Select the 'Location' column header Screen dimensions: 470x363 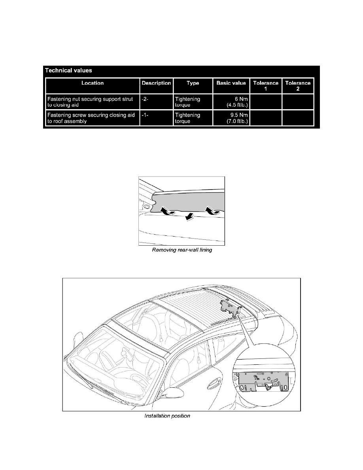click(x=93, y=83)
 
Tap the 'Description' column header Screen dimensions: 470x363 click(x=157, y=83)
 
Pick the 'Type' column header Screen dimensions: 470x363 click(x=193, y=83)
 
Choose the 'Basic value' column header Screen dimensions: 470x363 click(x=231, y=83)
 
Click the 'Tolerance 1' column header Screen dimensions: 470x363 click(x=266, y=86)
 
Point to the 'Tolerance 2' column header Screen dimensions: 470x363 click(x=298, y=86)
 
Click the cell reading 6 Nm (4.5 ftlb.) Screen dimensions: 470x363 click(x=231, y=102)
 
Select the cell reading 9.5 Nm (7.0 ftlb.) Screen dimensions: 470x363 click(x=231, y=118)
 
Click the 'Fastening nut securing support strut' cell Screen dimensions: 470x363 click(x=93, y=102)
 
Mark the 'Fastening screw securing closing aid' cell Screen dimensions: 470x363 click(x=93, y=118)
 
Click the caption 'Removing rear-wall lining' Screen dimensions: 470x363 click(x=182, y=251)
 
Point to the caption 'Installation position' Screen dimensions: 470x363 click(x=167, y=416)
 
